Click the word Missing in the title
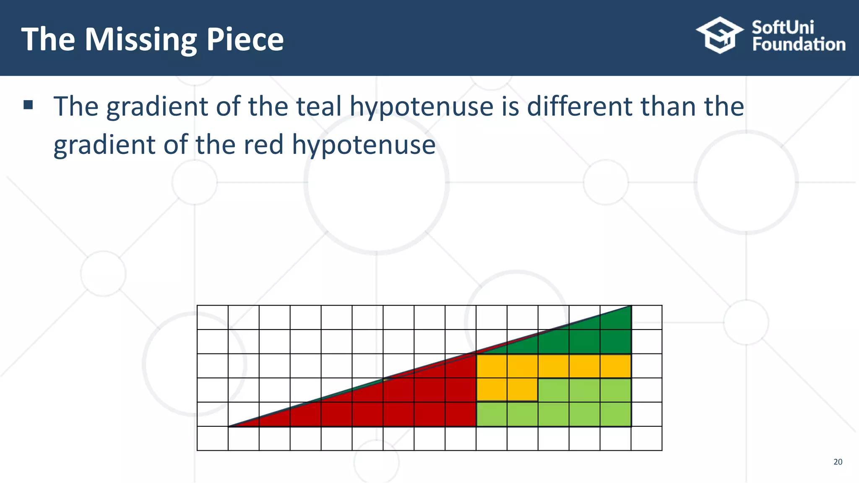pos(141,40)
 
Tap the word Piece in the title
pos(245,40)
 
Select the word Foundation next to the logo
pos(799,44)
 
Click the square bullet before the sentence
pos(28,105)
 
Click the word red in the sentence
pos(263,145)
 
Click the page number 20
pos(838,462)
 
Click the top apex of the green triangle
pos(630,306)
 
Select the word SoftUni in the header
pos(783,28)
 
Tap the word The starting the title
pos(48,40)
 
